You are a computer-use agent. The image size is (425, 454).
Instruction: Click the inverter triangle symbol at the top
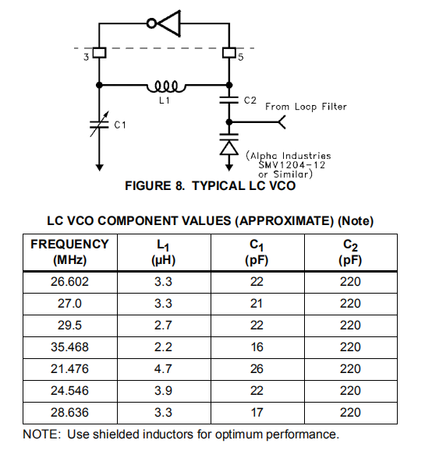point(168,23)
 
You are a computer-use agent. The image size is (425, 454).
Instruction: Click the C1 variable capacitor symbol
point(99,122)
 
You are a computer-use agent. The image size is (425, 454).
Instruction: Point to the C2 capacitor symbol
point(228,100)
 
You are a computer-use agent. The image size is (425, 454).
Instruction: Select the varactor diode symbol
point(228,146)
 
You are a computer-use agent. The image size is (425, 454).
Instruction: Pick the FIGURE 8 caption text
point(210,187)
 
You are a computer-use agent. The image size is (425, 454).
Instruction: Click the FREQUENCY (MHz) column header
point(69,252)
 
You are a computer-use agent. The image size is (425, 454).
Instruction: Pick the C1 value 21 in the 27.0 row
point(257,302)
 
